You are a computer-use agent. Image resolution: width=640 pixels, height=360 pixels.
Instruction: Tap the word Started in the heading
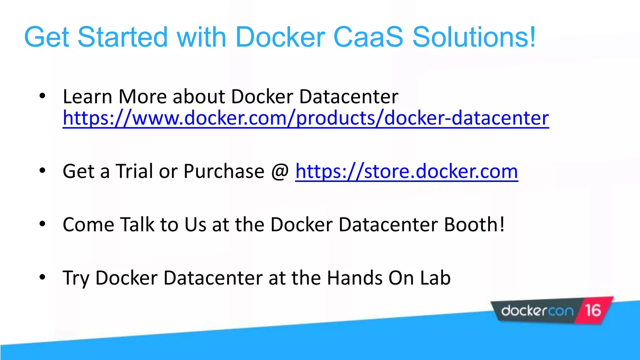point(122,37)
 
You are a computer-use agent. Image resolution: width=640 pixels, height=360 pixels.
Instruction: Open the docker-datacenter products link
point(306,118)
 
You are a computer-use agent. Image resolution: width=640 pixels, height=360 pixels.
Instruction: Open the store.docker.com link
point(406,171)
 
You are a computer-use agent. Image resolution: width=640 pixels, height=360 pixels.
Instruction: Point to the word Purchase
point(224,171)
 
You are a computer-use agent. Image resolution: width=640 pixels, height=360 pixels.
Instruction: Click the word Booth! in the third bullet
point(474,224)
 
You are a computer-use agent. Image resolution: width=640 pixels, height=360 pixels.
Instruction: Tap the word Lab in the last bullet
point(435,277)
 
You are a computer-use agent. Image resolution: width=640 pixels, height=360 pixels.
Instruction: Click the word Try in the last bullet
point(76,278)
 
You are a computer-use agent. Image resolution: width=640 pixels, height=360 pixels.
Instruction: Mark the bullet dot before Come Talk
point(42,224)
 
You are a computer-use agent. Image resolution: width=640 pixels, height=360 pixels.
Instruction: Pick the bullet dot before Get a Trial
point(42,171)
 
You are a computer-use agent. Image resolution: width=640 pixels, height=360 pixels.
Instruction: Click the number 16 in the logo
point(593,311)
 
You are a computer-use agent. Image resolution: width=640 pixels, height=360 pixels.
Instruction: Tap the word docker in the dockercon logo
point(524,311)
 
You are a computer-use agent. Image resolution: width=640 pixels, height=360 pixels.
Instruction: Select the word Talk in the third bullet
point(137,224)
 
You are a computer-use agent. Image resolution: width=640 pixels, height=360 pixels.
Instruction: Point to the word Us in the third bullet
point(195,224)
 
